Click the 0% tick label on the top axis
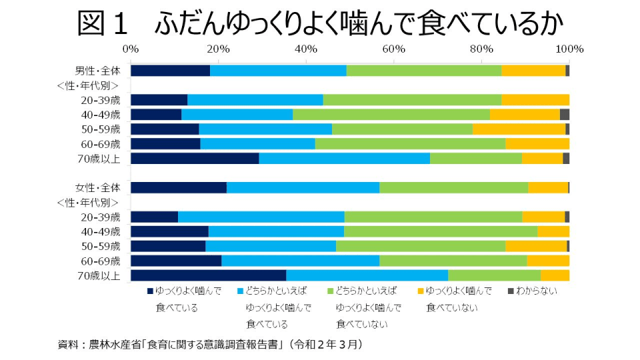pyautogui.click(x=131, y=49)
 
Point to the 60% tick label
pyautogui.click(x=394, y=49)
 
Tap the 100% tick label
pyautogui.click(x=569, y=49)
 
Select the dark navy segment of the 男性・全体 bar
pyautogui.click(x=170, y=71)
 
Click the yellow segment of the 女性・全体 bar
pyautogui.click(x=548, y=187)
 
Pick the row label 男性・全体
pyautogui.click(x=97, y=71)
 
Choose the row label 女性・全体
pyautogui.click(x=97, y=187)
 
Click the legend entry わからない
pyautogui.click(x=537, y=291)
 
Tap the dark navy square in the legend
pyautogui.click(x=150, y=291)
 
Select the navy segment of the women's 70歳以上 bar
pyautogui.click(x=208, y=275)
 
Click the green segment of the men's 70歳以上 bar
pyautogui.click(x=475, y=158)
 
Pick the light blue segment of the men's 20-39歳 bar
pyautogui.click(x=255, y=100)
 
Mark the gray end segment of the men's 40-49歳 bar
pyautogui.click(x=565, y=115)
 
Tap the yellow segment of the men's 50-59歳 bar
pyautogui.click(x=519, y=129)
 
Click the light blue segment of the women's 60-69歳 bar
pyautogui.click(x=300, y=261)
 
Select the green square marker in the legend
pyautogui.click(x=331, y=291)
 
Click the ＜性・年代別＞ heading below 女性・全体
pyautogui.click(x=89, y=202)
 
